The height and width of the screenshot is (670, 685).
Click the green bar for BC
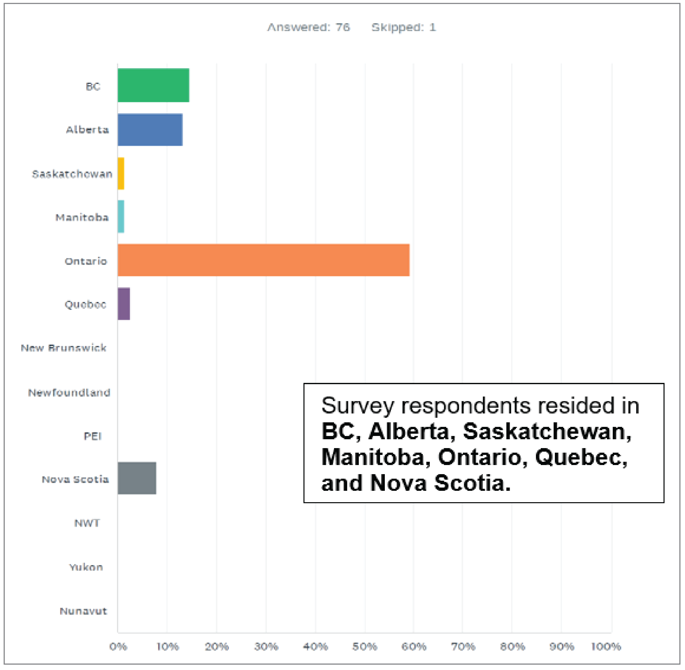click(x=153, y=85)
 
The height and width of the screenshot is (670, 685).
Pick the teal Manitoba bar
click(x=121, y=217)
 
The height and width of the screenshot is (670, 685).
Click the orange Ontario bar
click(x=263, y=260)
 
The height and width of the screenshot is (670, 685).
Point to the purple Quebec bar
click(x=124, y=304)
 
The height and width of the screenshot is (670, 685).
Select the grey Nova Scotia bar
click(x=137, y=479)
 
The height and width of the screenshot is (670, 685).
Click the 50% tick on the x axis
click(x=365, y=646)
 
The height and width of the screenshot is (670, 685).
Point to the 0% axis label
click(x=118, y=646)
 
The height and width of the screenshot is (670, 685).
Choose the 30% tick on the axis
click(x=266, y=646)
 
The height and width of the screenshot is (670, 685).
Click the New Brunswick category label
click(x=64, y=348)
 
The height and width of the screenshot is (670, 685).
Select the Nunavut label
click(x=83, y=611)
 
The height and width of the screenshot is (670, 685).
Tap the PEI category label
click(x=92, y=436)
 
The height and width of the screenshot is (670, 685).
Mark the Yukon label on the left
click(x=86, y=567)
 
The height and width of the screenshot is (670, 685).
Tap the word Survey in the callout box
click(x=358, y=405)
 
